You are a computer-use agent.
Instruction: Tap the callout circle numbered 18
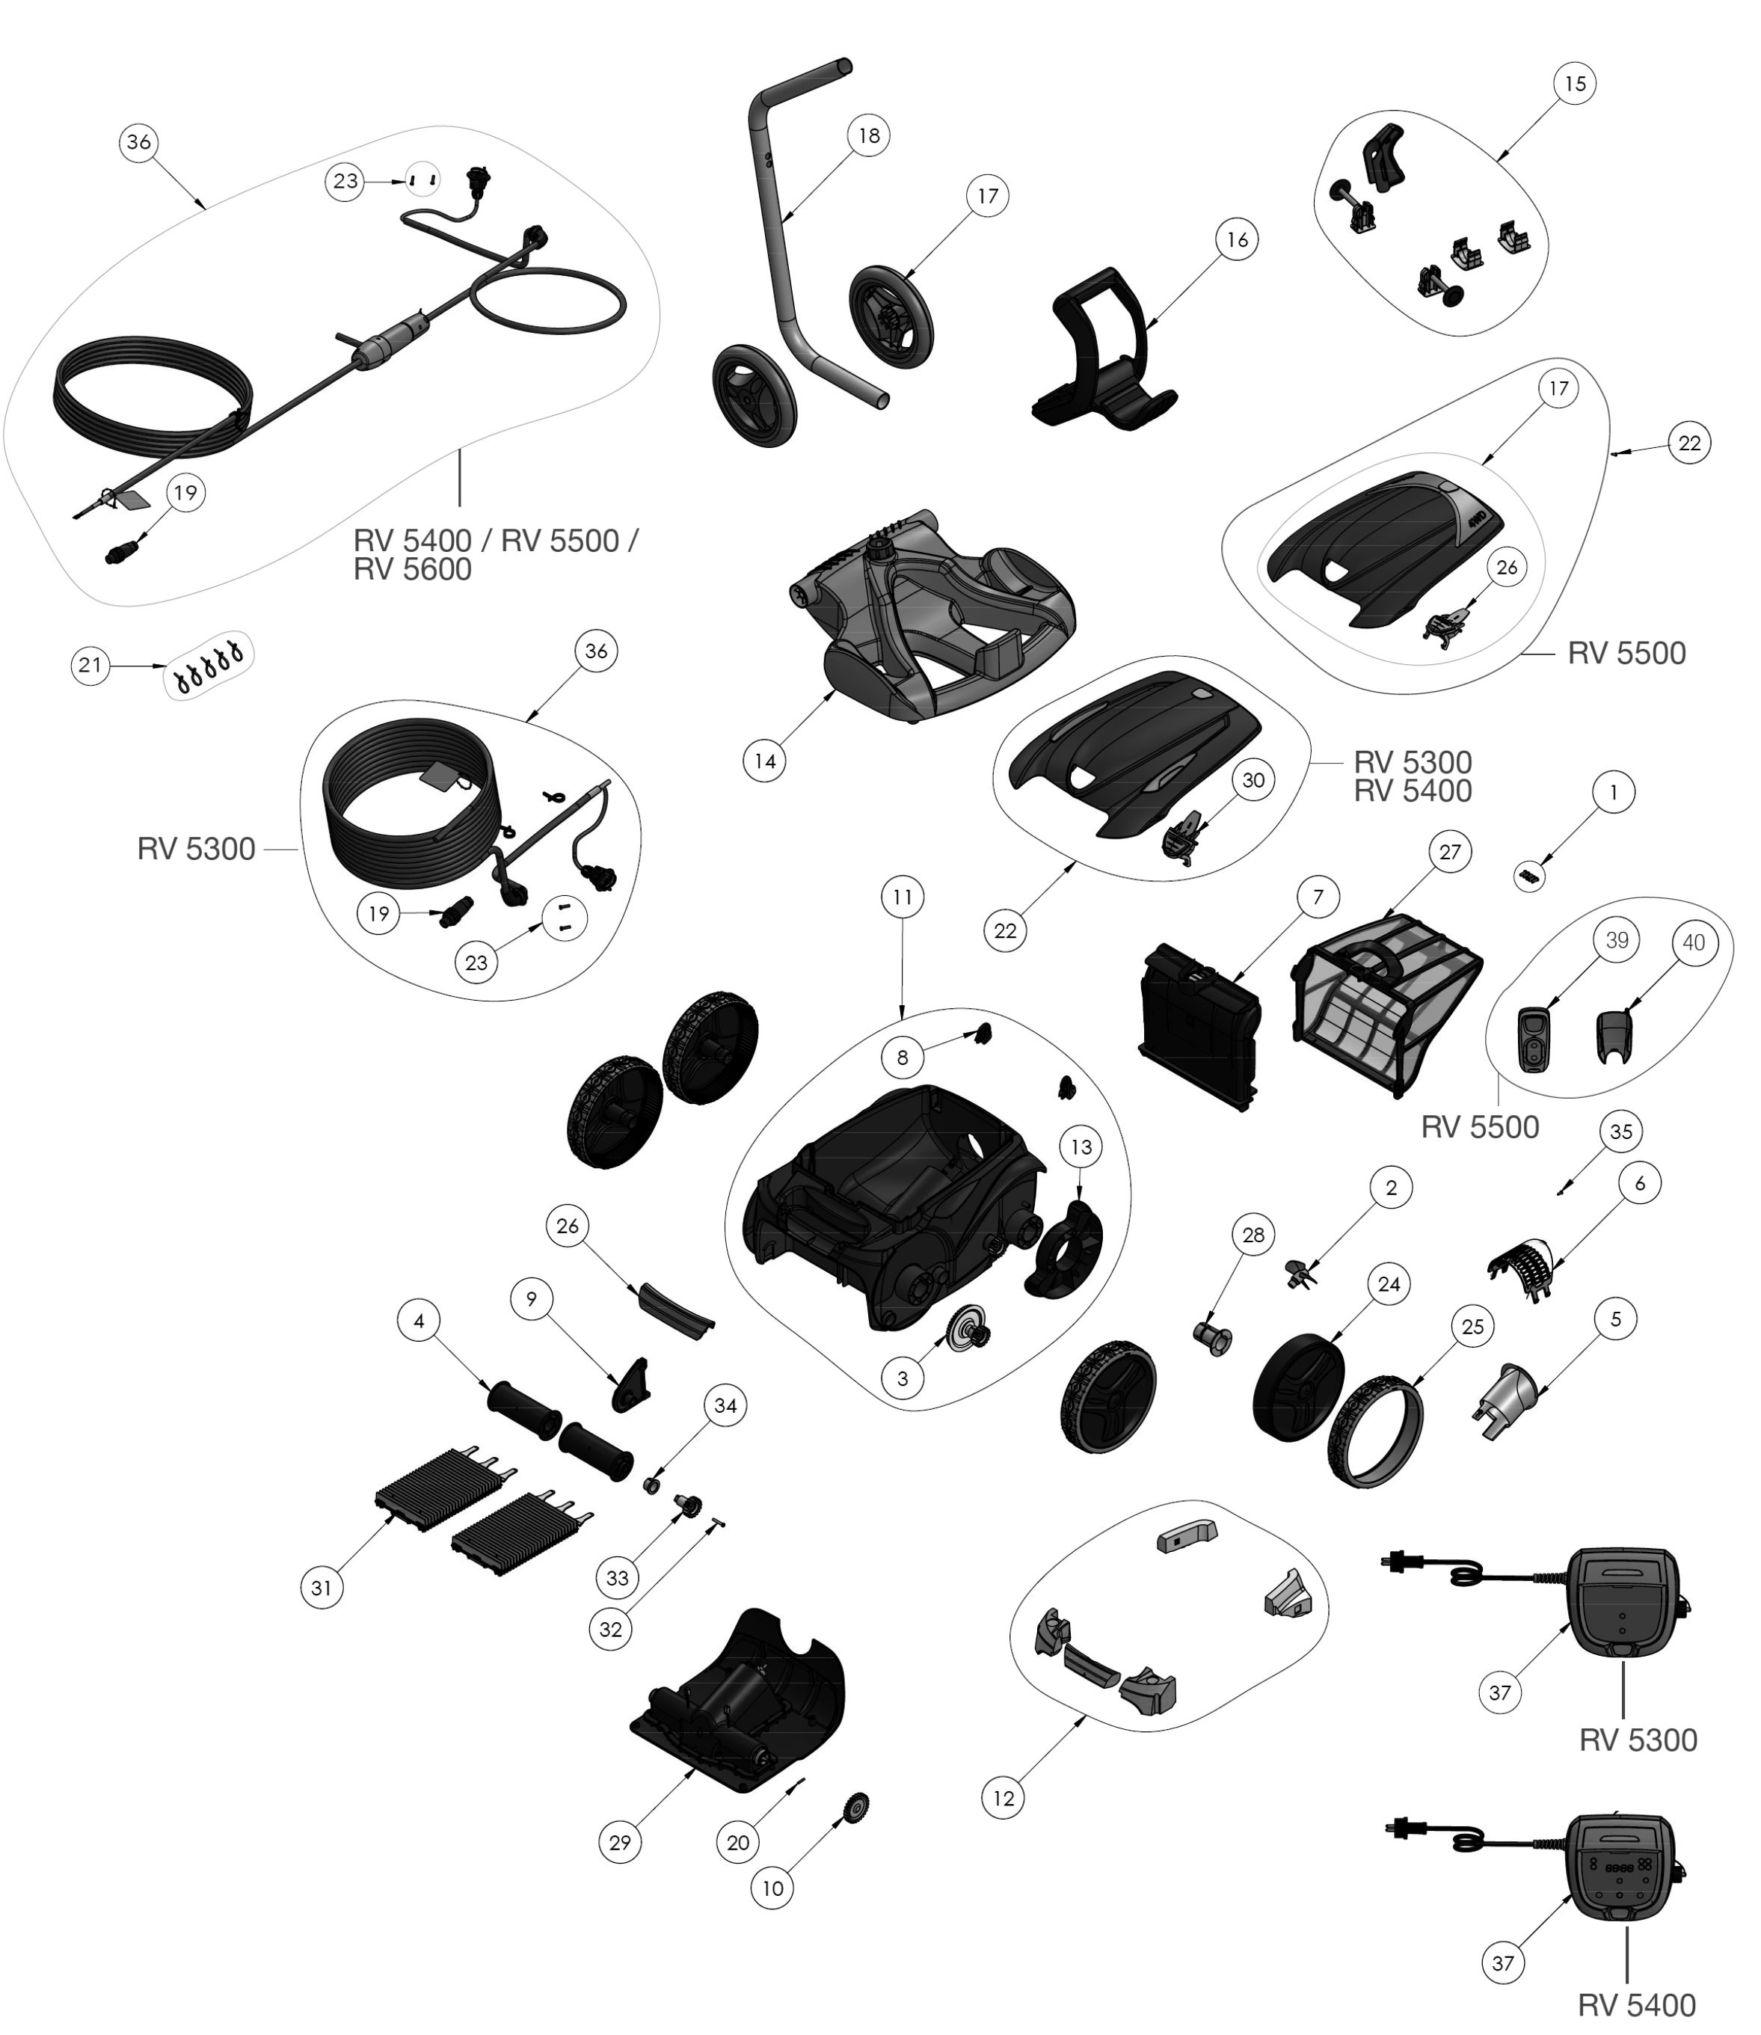(869, 135)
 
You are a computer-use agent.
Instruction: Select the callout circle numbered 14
(764, 761)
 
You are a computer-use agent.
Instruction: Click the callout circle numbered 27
(1449, 852)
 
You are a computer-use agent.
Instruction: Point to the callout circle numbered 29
(620, 1842)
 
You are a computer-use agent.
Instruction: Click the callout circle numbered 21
(90, 665)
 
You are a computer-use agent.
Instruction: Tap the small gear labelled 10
(856, 1806)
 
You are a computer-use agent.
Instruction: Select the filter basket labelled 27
(1386, 1002)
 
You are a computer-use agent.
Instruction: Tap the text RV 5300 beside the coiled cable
(196, 849)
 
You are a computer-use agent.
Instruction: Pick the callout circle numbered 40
(1693, 942)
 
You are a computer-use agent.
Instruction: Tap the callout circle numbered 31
(322, 1587)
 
